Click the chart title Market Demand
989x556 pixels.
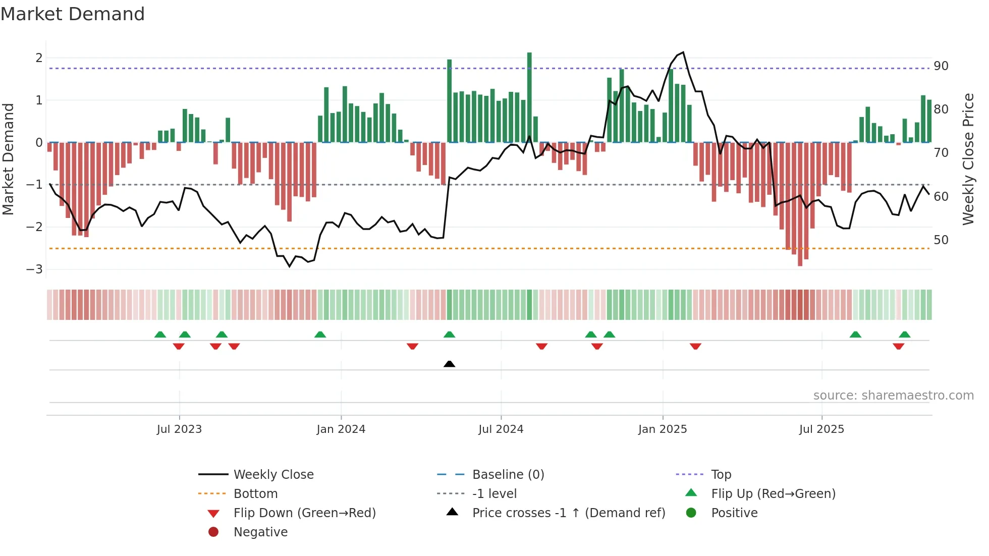tap(73, 14)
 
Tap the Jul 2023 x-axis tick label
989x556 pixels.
tap(179, 429)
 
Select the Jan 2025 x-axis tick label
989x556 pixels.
tap(662, 429)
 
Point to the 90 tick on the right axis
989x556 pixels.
tap(941, 66)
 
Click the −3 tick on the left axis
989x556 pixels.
tap(35, 269)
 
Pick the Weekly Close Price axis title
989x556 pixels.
tap(968, 159)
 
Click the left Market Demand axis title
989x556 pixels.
tap(8, 159)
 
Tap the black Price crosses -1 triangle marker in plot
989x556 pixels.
tap(449, 364)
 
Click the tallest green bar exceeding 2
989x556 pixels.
tap(529, 96)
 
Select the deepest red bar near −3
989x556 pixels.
tap(800, 204)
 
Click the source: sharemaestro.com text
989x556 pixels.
tap(893, 396)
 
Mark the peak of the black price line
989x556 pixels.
tap(683, 52)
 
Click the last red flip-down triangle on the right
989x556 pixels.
tap(898, 346)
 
